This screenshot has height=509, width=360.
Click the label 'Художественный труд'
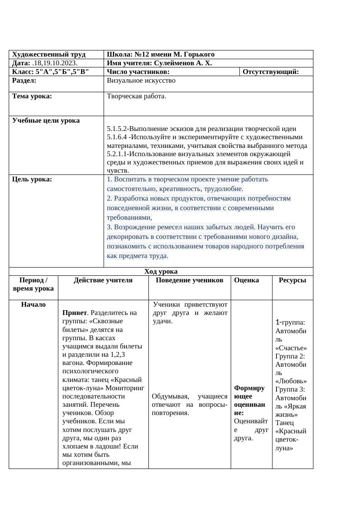49,54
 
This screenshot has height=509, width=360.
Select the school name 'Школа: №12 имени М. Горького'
161,54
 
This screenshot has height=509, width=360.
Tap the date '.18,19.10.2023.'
55,63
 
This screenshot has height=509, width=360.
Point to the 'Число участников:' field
138,72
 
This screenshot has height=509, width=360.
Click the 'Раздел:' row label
24,80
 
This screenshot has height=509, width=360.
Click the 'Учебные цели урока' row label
46,120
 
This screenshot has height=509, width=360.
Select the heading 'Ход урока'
161,271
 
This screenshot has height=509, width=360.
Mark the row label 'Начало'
33,305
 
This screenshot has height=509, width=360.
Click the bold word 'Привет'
72,313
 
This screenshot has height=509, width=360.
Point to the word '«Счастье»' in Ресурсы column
291,348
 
